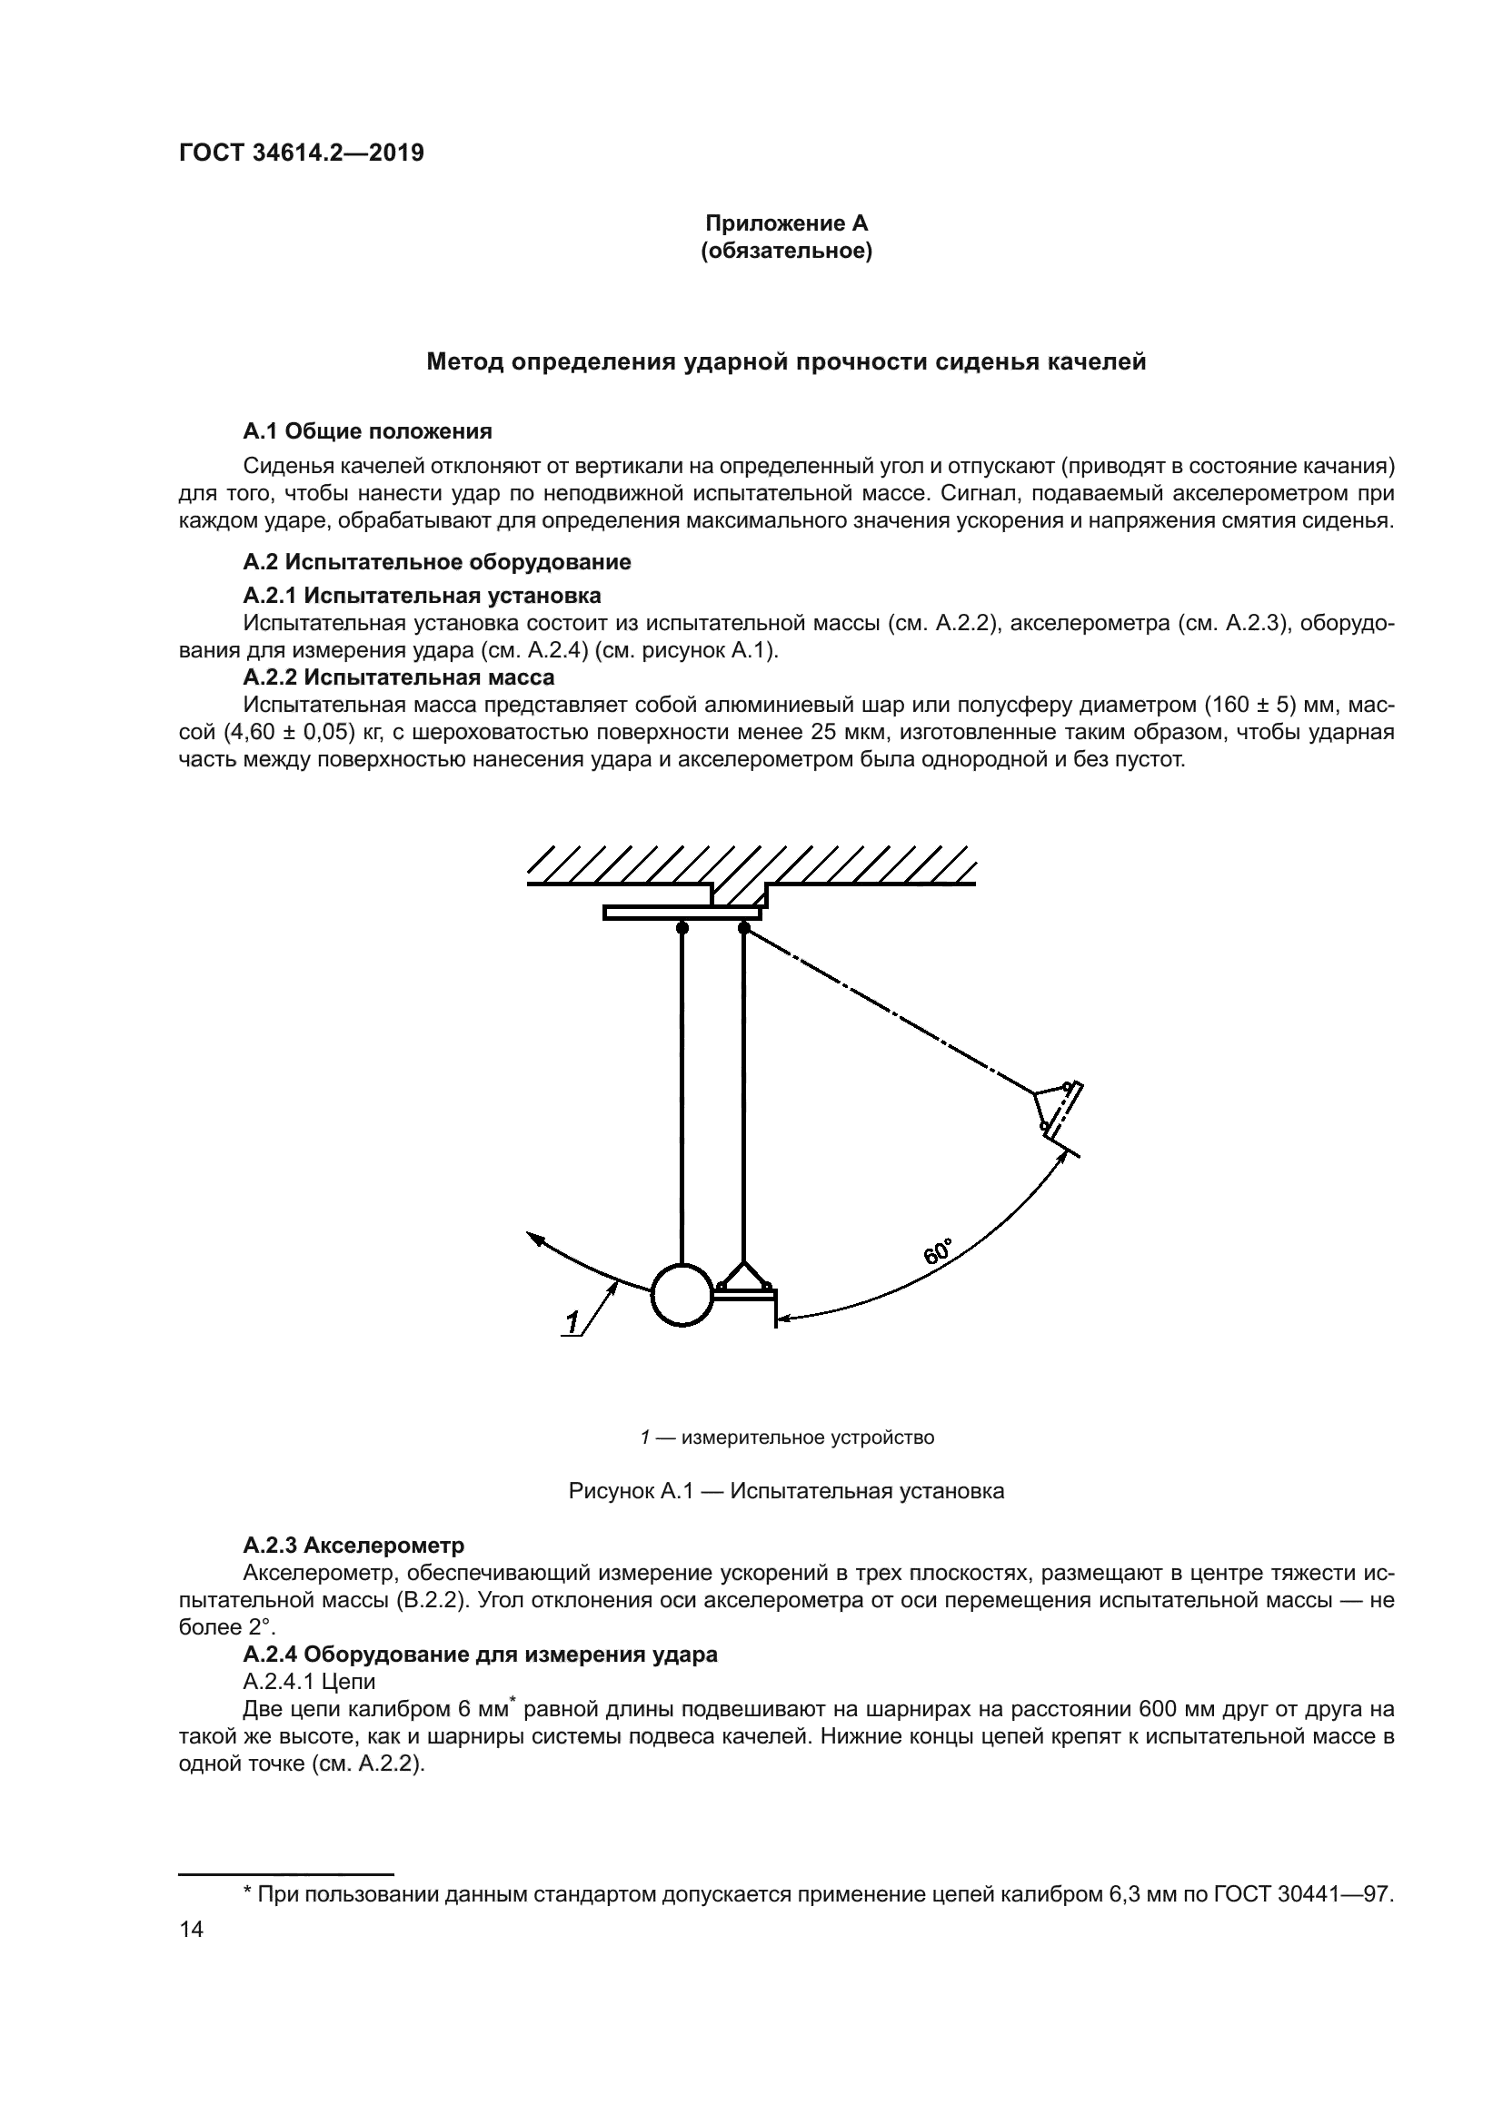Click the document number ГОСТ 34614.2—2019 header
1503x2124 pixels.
point(301,153)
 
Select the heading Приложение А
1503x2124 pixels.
point(786,223)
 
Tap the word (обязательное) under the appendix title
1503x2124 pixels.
point(786,251)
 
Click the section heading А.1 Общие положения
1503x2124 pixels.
point(367,431)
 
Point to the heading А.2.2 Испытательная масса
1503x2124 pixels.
point(399,677)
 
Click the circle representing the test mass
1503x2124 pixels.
point(682,1295)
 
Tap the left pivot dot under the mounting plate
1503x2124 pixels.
point(682,927)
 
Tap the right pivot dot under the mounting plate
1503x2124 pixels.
point(744,927)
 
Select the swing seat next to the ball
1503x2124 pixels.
point(746,1290)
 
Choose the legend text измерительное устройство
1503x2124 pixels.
point(807,1437)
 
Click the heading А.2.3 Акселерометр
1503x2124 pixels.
point(353,1546)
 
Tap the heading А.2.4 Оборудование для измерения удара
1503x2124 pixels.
point(481,1654)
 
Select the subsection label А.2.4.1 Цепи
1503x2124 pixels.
point(309,1681)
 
